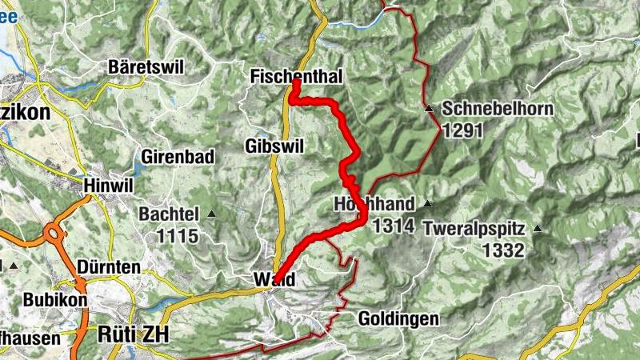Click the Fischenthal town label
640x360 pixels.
click(296, 77)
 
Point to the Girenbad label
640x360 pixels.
click(178, 157)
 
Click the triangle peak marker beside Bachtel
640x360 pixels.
click(211, 214)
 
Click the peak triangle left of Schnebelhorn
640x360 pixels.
click(430, 108)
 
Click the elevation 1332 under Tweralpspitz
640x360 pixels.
click(502, 250)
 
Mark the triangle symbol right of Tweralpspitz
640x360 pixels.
click(538, 229)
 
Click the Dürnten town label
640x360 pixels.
click(110, 266)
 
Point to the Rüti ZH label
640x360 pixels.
click(133, 334)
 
